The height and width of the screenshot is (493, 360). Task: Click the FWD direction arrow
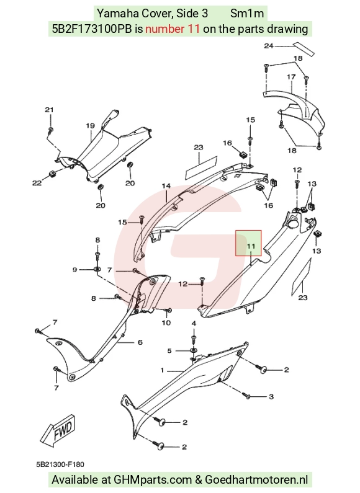58,431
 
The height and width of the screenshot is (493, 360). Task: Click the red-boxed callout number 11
251,246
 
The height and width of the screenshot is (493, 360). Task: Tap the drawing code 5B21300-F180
60,464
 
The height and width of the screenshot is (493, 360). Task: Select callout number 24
268,46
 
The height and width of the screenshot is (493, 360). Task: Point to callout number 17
291,77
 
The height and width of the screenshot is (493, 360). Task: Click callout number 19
91,126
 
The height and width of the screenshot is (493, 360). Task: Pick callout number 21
49,110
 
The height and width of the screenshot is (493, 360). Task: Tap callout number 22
37,183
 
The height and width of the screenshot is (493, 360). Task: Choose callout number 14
166,186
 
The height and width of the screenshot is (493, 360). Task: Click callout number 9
74,270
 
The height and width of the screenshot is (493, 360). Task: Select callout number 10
166,322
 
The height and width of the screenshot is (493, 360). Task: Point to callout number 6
140,342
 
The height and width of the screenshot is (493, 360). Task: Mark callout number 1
163,370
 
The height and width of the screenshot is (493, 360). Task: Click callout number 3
271,397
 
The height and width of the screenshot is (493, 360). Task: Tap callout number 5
169,350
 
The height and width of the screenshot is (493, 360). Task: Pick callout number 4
194,323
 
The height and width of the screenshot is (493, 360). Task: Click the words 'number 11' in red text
173,29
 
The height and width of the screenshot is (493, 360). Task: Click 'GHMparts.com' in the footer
153,480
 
